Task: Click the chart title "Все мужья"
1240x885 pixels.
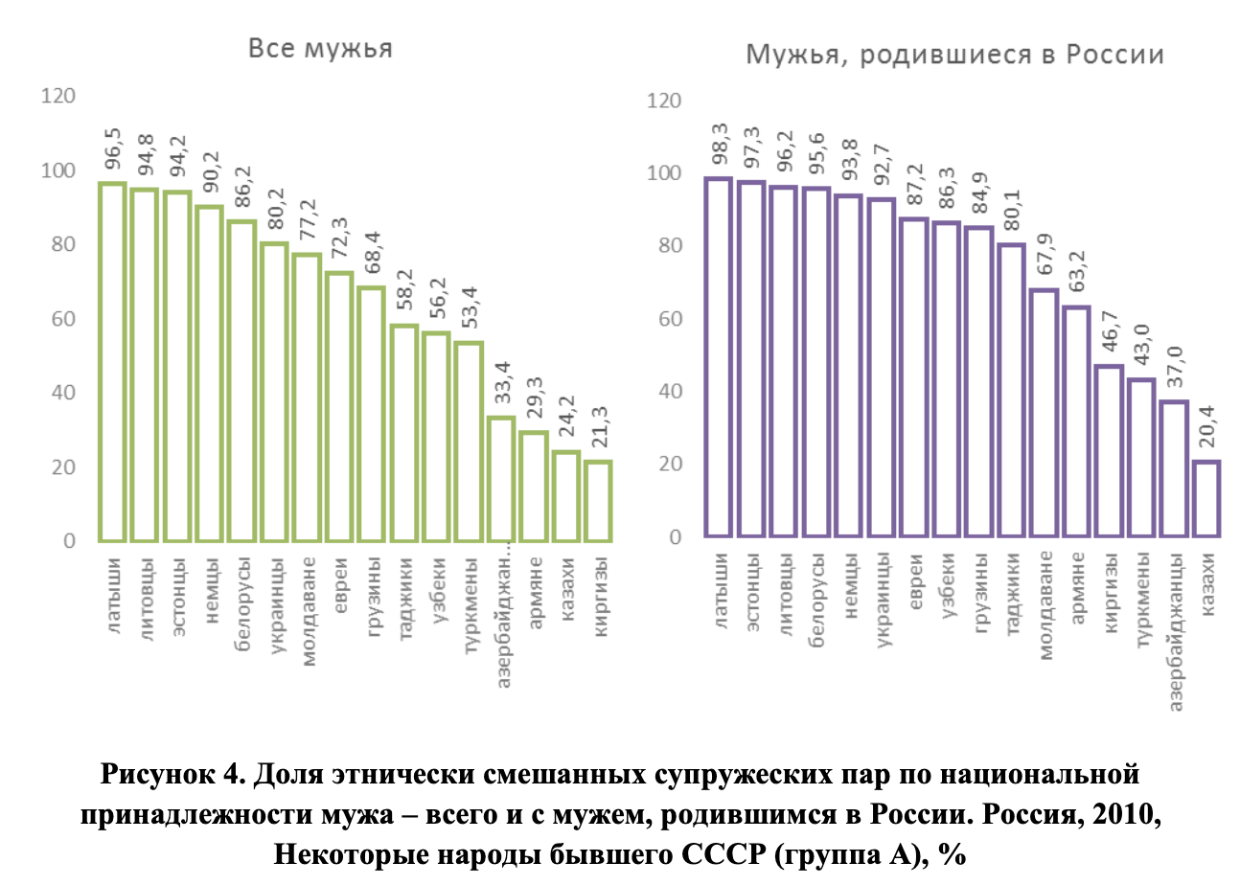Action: click(320, 49)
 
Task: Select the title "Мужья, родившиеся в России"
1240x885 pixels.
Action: click(955, 54)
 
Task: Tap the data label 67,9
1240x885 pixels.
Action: click(1045, 257)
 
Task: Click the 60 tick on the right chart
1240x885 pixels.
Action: click(670, 318)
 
